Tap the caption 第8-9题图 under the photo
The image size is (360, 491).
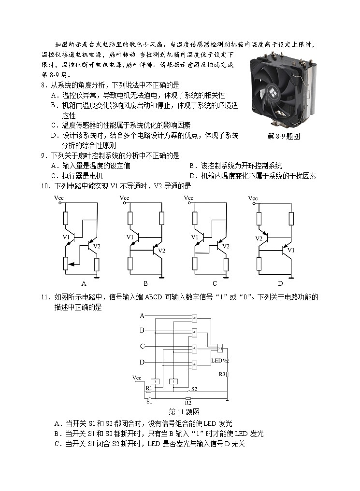(x=284, y=136)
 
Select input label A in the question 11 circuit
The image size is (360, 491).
(x=142, y=316)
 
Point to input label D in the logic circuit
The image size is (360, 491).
(x=142, y=362)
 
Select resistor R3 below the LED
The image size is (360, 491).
(x=227, y=374)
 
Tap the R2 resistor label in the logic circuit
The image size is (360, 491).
(x=188, y=402)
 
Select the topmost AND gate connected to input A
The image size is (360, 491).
(x=194, y=318)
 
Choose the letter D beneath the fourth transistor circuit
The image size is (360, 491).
(x=280, y=283)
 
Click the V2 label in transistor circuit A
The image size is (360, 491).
(x=97, y=247)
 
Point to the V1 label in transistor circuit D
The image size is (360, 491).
(x=291, y=250)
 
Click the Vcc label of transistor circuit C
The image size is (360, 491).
(x=188, y=198)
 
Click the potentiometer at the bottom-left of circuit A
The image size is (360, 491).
(x=66, y=264)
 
